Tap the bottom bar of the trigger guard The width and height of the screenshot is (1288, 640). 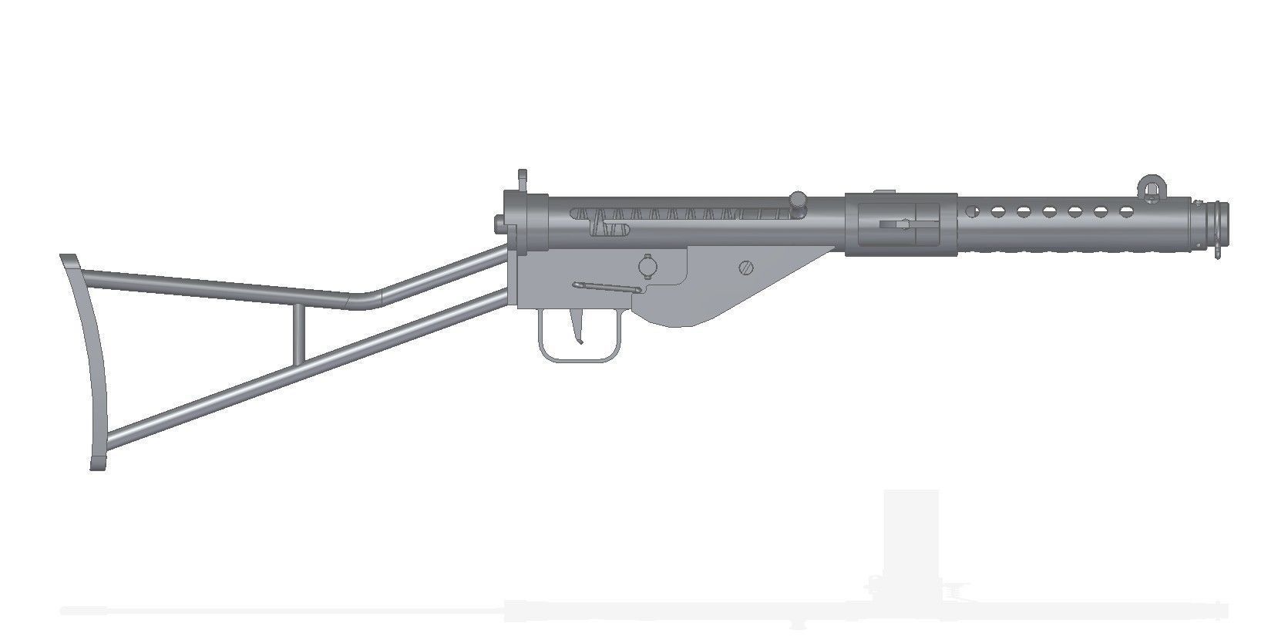pos(579,358)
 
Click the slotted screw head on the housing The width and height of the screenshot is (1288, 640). pos(745,268)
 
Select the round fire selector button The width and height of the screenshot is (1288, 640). pos(646,265)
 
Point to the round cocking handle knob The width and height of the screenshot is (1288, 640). pos(799,200)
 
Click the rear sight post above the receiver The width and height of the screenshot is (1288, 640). pos(522,181)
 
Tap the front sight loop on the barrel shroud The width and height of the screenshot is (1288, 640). pos(1149,187)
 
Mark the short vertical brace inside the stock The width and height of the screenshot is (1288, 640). pos(298,333)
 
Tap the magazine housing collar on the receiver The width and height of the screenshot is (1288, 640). pos(900,224)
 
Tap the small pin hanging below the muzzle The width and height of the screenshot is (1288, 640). pos(1216,250)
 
